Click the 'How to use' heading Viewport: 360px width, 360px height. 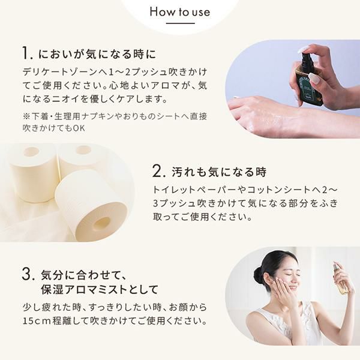(x=180, y=12)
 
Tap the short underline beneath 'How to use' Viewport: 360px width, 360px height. (x=180, y=23)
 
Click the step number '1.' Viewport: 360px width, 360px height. (x=28, y=53)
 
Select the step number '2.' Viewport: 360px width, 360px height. (x=159, y=171)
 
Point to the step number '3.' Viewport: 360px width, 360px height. (x=28, y=274)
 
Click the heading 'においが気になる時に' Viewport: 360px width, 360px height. (x=97, y=54)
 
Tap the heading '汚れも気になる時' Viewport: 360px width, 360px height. (x=219, y=172)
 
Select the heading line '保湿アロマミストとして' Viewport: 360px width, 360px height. (x=100, y=289)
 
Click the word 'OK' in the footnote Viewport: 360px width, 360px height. (x=79, y=128)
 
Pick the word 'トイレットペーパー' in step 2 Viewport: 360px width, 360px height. (x=193, y=190)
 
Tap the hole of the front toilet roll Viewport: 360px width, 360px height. (x=102, y=223)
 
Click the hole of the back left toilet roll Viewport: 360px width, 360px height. (x=31, y=152)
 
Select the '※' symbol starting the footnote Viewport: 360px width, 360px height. (x=26, y=116)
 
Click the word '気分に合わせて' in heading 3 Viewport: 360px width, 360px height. (x=83, y=275)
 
